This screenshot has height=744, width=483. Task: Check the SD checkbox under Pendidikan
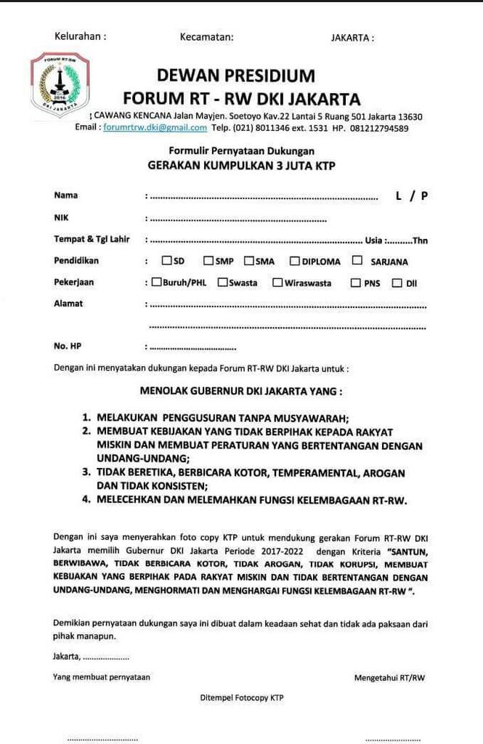167,260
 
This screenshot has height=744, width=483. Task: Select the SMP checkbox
208,260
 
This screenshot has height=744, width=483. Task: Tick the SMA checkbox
248,260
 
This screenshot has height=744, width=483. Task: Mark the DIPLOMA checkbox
295,260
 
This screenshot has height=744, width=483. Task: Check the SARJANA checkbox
357,260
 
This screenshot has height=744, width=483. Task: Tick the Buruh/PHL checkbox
157,282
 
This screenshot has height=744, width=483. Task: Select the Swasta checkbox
222,282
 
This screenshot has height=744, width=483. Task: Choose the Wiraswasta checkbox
277,282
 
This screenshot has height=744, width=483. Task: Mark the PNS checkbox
356,283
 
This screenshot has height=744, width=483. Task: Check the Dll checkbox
397,283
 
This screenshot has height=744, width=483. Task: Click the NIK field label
61,217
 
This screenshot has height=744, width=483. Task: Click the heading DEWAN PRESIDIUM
236,76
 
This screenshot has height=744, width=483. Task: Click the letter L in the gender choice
399,195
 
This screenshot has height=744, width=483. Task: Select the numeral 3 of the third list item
85,472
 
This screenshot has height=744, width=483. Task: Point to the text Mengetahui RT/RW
389,678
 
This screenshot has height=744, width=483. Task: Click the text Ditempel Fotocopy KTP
242,697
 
